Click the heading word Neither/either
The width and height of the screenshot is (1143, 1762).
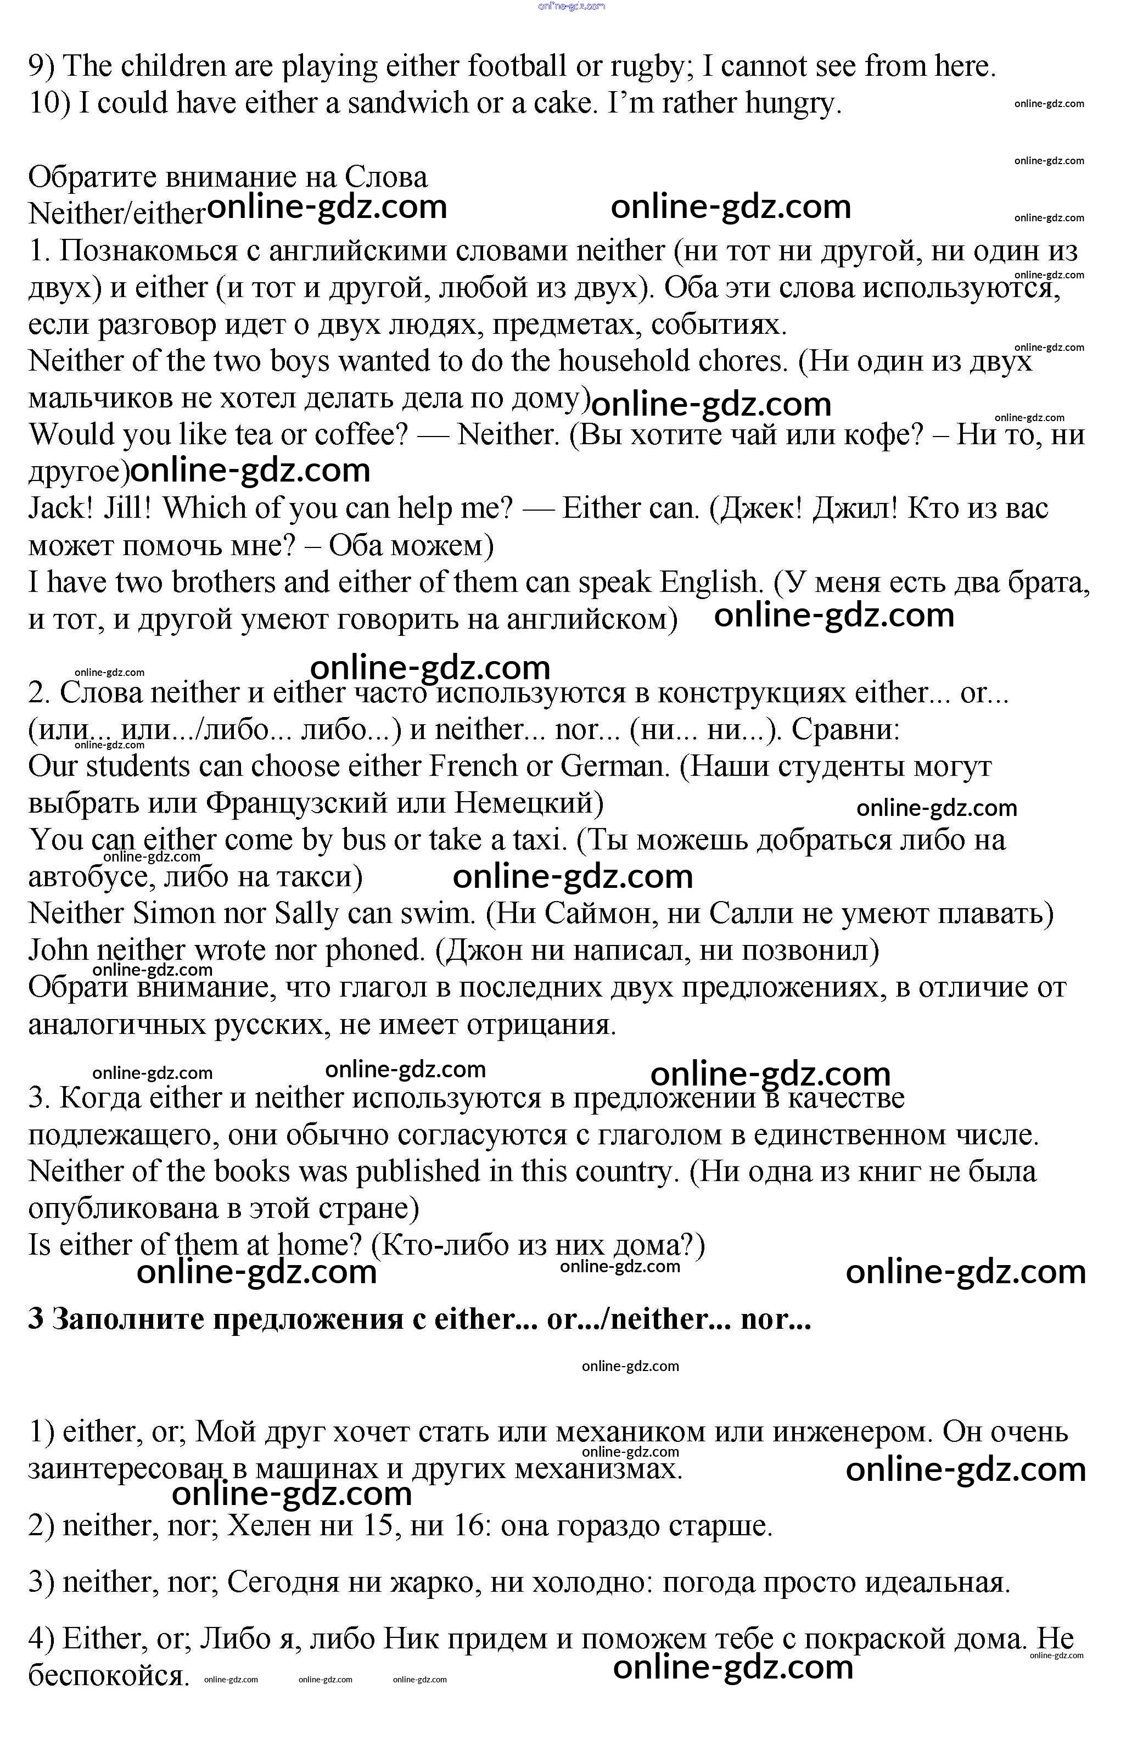(116, 214)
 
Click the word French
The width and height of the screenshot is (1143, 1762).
(473, 767)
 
